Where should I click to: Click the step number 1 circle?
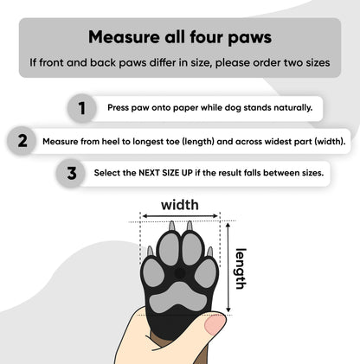[x=81, y=109]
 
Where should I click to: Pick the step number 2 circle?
[x=22, y=140]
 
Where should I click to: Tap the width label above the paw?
[x=180, y=206]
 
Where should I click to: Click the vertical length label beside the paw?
[x=241, y=268]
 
